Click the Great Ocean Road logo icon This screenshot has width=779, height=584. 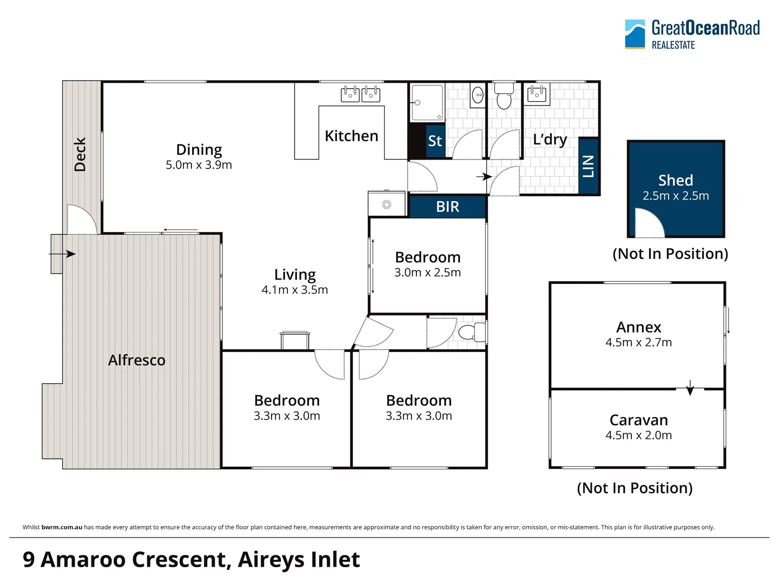(x=635, y=34)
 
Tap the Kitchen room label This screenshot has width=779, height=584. (x=351, y=136)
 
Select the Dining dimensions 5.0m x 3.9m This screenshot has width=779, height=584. (x=199, y=165)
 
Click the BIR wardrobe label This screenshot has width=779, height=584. (x=447, y=207)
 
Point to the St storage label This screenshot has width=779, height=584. (x=435, y=141)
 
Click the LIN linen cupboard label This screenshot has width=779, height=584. (x=589, y=166)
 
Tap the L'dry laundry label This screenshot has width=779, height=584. (x=550, y=140)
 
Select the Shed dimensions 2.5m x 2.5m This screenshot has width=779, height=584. (x=675, y=196)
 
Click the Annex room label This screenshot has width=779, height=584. (x=638, y=327)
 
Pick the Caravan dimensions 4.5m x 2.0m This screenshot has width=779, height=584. (x=638, y=435)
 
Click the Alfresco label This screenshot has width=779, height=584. (x=136, y=360)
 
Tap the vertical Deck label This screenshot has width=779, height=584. (x=80, y=155)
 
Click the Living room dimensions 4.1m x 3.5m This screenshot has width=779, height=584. (x=294, y=290)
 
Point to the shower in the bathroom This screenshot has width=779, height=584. (x=426, y=102)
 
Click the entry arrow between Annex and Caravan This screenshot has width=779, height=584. (x=690, y=388)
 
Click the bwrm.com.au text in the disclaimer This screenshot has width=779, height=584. (x=62, y=527)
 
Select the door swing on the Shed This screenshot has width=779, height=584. (x=648, y=224)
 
